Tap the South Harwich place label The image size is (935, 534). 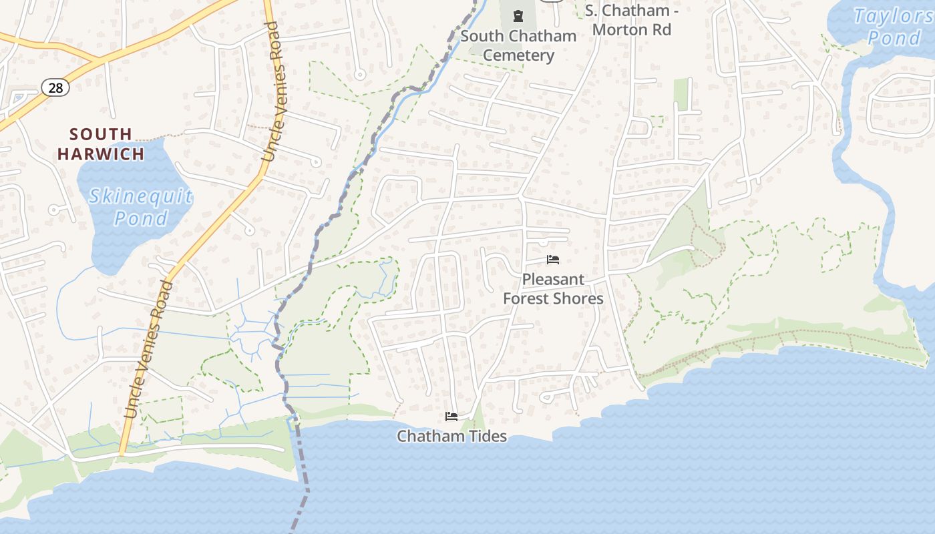tap(101, 144)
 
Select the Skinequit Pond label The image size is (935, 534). tap(141, 207)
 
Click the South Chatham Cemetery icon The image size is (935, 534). tap(518, 15)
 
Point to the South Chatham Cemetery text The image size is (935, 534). tap(518, 45)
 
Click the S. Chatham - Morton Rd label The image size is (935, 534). tap(631, 20)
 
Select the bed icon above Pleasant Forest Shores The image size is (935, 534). tap(552, 260)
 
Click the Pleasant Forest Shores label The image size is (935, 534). tap(553, 289)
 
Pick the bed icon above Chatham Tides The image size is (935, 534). tap(451, 417)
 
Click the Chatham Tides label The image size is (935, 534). tap(451, 437)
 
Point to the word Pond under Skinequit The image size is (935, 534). tap(141, 218)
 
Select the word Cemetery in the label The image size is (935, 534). tap(518, 55)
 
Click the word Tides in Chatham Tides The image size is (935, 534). tap(487, 437)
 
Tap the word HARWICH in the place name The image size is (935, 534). tap(101, 154)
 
